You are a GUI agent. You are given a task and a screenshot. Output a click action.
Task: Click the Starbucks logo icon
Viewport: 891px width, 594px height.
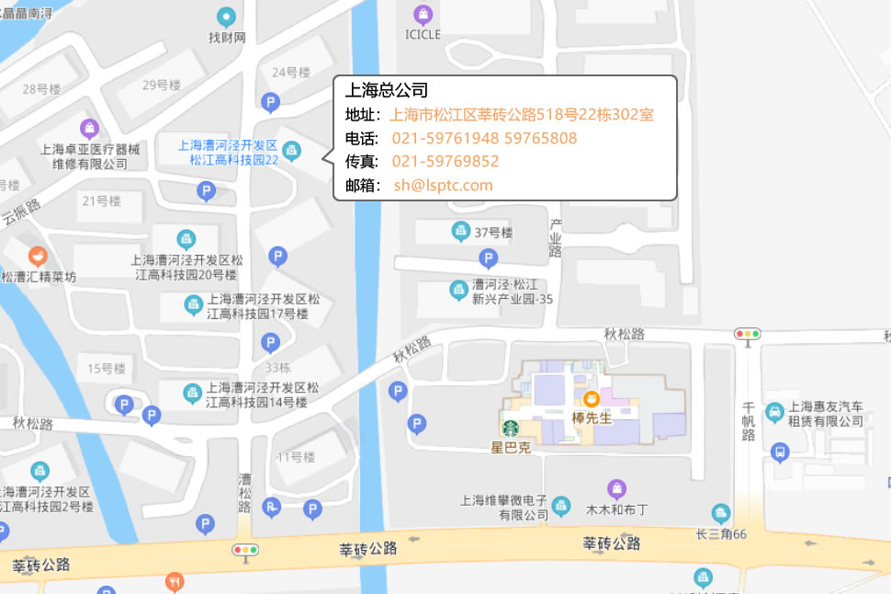(510, 428)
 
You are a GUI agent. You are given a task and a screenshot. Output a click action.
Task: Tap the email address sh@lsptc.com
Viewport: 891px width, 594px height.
(444, 185)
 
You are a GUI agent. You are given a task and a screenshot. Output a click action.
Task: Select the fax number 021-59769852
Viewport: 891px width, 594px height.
(445, 162)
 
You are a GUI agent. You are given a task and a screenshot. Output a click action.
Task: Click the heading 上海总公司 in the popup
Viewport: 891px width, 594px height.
(387, 90)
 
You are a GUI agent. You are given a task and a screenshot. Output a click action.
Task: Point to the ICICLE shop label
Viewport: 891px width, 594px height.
(423, 35)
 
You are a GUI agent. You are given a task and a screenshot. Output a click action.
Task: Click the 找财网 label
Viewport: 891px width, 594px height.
(227, 38)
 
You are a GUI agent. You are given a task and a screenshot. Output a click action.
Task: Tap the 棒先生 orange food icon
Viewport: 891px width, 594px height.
(592, 398)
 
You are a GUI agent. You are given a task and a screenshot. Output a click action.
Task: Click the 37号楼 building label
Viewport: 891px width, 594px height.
(493, 232)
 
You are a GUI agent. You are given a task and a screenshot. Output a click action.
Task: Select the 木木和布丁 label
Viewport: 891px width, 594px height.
(617, 509)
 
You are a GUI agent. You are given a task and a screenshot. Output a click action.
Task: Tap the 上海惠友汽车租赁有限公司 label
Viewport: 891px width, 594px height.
(826, 414)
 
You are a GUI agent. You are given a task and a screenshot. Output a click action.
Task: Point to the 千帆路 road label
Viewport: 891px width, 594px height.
(749, 421)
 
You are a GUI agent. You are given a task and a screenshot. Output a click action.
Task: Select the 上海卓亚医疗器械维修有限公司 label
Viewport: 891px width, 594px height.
(90, 155)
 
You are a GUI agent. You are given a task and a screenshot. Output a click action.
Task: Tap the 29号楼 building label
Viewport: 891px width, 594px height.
(162, 86)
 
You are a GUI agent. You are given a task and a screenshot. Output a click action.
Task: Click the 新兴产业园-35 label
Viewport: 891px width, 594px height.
(512, 291)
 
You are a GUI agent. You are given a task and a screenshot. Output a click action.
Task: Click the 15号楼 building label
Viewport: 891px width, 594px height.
(107, 369)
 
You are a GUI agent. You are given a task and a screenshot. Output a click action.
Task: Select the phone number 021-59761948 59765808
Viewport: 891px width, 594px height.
(484, 139)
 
